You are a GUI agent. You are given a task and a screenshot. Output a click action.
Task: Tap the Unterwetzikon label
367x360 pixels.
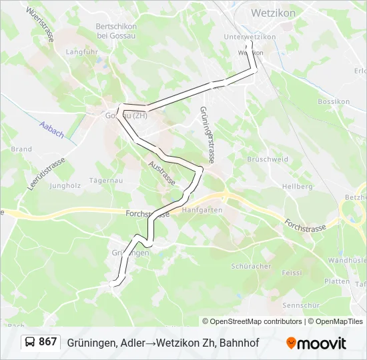(250, 37)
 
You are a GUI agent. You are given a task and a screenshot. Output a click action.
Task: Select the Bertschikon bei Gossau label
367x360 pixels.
(116, 31)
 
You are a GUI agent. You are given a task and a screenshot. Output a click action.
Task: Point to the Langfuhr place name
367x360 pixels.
(82, 51)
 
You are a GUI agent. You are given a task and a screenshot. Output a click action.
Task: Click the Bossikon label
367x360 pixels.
(334, 101)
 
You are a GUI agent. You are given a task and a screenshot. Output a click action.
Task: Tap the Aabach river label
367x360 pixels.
(51, 129)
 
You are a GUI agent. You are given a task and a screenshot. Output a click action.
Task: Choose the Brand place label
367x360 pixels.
(21, 149)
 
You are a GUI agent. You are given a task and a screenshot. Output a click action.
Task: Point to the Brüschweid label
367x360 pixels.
(268, 160)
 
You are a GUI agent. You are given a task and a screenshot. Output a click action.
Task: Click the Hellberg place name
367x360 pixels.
(297, 187)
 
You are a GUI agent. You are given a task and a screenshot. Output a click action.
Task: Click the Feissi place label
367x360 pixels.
(292, 273)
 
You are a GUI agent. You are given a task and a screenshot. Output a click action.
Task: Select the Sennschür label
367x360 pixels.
(298, 305)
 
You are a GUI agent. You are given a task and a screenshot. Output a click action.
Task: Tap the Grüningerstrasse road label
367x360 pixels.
(207, 135)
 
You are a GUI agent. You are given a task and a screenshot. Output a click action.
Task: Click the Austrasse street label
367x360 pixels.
(162, 173)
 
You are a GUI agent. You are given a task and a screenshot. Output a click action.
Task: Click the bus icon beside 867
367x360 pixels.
(31, 342)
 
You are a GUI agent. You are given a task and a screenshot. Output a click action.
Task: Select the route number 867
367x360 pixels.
(47, 342)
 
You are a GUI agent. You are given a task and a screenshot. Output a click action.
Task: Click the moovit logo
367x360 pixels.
(316, 343)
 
